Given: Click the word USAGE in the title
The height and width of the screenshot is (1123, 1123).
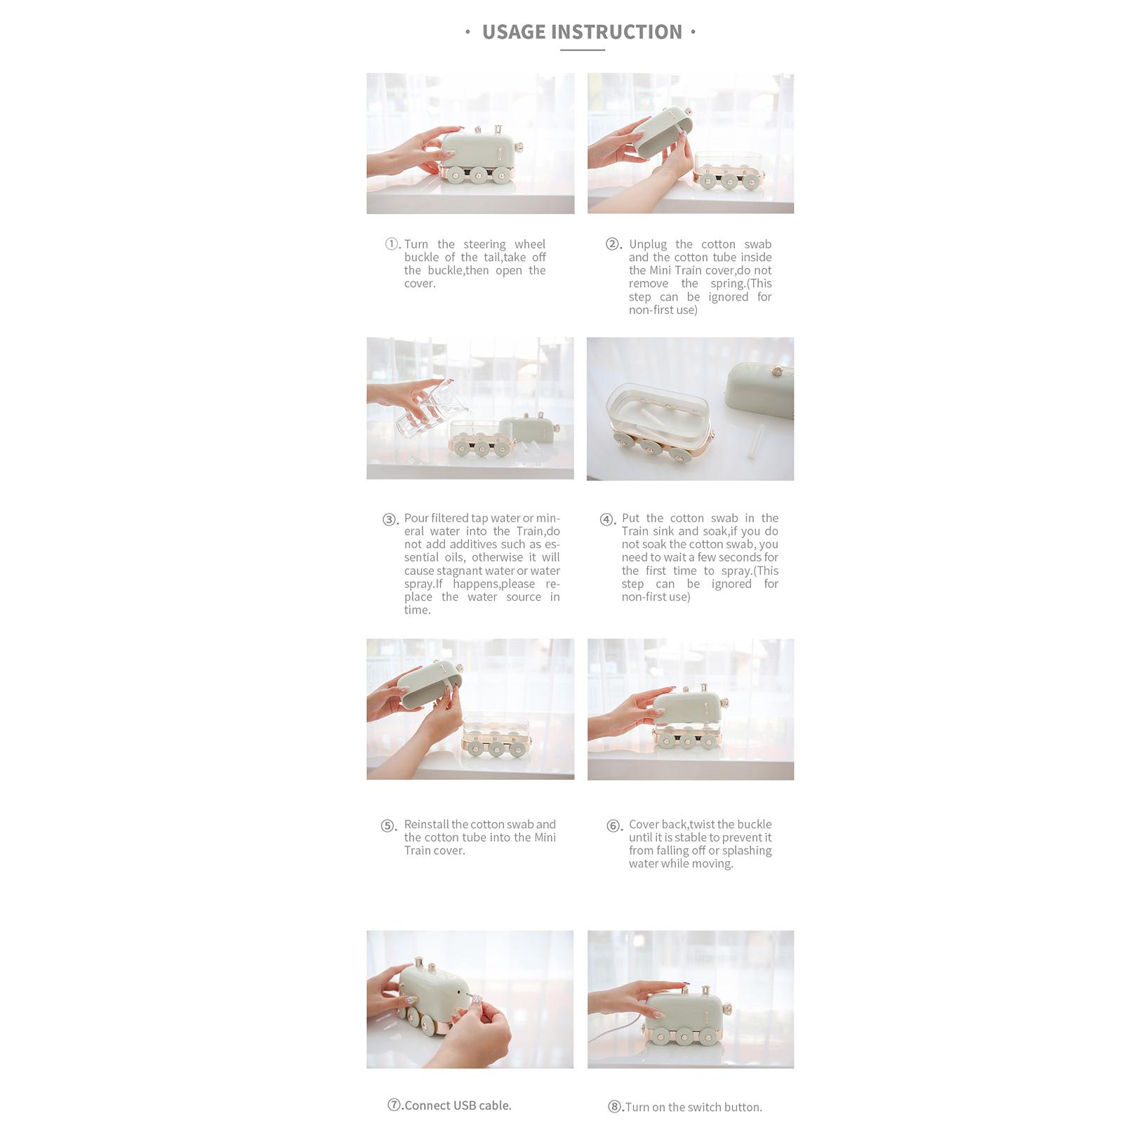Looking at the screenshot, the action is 514,32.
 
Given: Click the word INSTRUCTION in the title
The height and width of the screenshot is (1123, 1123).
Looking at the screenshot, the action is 617,32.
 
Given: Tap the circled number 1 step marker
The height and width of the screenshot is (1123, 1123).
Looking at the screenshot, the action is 392,244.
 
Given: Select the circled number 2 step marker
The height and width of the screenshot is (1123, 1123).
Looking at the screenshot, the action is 612,244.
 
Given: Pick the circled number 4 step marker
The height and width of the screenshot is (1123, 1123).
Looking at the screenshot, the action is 606,519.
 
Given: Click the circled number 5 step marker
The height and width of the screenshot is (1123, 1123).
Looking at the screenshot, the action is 388,825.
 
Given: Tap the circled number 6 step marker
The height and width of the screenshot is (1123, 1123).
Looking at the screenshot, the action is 613,825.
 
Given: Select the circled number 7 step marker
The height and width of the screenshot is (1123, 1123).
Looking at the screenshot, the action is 394,1105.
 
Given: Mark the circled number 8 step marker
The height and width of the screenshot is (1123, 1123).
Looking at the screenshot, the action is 614,1107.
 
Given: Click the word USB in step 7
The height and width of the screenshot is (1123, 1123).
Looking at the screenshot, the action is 465,1105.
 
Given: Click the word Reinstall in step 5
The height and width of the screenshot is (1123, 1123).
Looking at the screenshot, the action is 427,824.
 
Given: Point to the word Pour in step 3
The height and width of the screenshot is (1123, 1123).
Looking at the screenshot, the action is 416,518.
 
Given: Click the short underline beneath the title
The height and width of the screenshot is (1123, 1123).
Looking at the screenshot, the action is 583,50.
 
